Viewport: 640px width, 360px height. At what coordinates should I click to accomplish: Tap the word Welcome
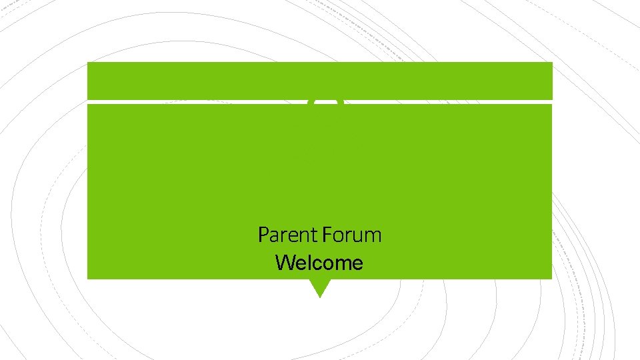[x=319, y=263]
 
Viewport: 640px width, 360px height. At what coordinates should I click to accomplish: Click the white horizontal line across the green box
[x=200, y=102]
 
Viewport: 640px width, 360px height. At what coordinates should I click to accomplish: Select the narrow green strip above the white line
[x=320, y=81]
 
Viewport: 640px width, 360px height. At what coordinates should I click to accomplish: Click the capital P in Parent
[x=263, y=235]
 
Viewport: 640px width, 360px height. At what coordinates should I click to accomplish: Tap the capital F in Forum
[x=325, y=235]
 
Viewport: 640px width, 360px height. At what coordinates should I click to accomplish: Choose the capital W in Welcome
[x=283, y=263]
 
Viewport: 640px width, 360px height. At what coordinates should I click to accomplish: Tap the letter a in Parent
[x=273, y=236]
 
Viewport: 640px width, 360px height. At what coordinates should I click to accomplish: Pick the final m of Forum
[x=374, y=236]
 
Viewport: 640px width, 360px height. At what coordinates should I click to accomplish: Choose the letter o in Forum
[x=336, y=236]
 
